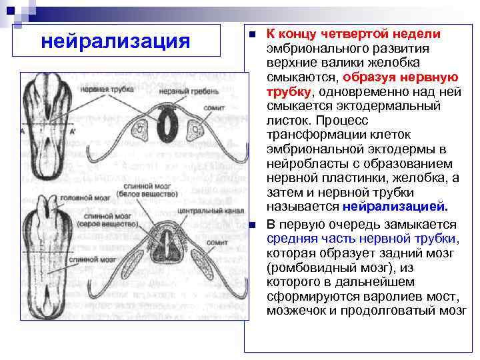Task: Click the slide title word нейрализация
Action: click(x=115, y=42)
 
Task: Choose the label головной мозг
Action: click(x=81, y=197)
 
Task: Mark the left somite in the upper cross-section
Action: click(x=142, y=126)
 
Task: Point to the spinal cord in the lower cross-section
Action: click(x=167, y=247)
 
